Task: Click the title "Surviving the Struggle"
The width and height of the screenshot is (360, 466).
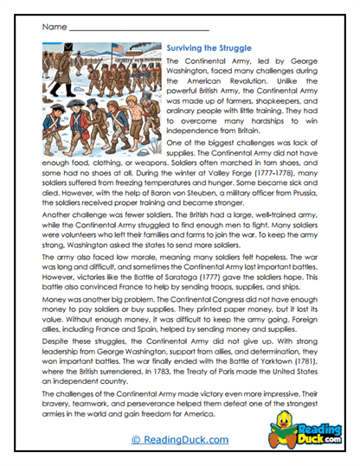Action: tap(209, 48)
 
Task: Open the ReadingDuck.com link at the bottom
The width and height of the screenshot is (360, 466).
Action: tap(179, 441)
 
